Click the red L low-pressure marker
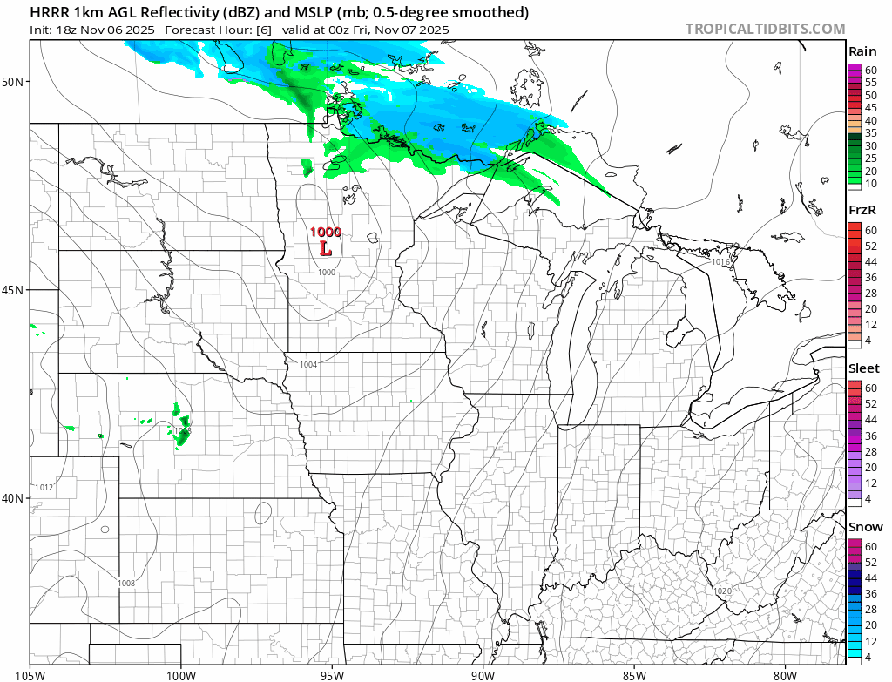pos(326,249)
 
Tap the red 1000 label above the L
pos(326,233)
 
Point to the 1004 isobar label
pos(308,364)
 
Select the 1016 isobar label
pos(720,261)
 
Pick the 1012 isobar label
pos(44,488)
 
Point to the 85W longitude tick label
pos(634,673)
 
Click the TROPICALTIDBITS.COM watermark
pos(765,29)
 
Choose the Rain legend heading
pos(862,51)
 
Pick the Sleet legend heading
pos(864,368)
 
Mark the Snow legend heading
pos(865,527)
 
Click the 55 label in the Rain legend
pos(868,82)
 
